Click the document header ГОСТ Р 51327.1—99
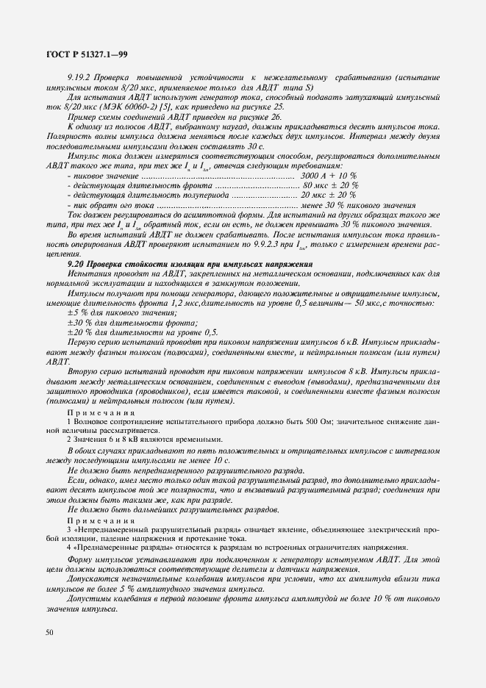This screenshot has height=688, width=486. point(87,54)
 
